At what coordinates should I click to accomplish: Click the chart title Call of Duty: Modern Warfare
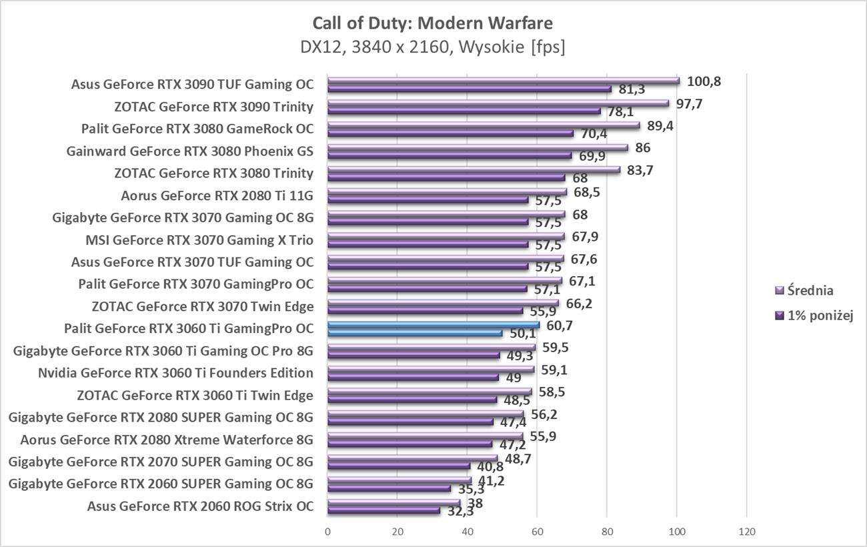pos(433,23)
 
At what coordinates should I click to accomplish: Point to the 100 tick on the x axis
pos(676,532)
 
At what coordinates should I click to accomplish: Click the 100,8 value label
pos(705,81)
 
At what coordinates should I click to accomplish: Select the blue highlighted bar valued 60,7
pos(433,325)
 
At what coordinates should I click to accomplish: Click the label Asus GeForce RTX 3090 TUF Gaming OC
pos(192,85)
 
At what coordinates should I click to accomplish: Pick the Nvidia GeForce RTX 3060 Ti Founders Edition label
pos(176,373)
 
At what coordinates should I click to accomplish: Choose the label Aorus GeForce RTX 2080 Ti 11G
pos(217,195)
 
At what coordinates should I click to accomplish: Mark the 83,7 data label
pos(640,170)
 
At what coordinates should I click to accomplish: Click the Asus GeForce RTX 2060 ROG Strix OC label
pos(200,506)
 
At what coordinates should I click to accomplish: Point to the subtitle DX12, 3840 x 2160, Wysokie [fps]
pos(433,48)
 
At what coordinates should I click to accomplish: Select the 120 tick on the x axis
pos(746,532)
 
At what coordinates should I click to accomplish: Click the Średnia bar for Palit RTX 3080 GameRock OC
pos(484,125)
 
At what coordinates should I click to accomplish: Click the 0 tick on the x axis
pos(327,532)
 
